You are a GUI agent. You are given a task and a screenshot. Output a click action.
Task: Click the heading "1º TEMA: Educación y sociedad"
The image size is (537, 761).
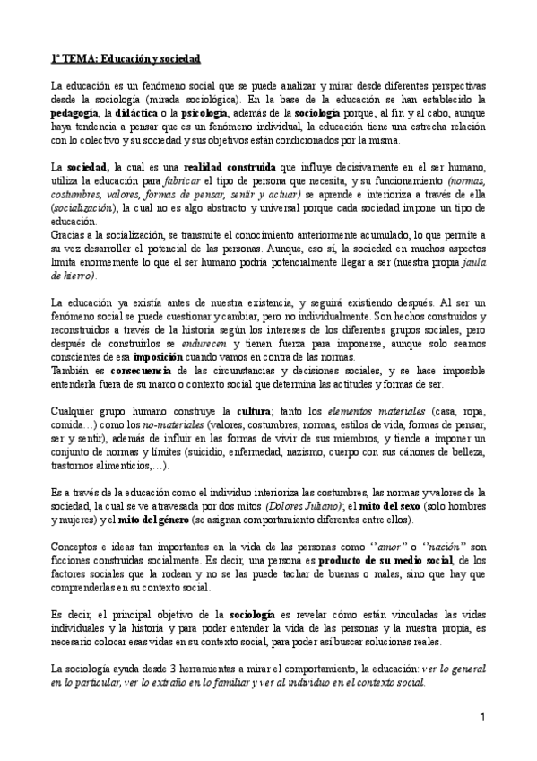click(x=126, y=58)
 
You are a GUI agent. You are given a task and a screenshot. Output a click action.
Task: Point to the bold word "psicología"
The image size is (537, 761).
click(x=204, y=116)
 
